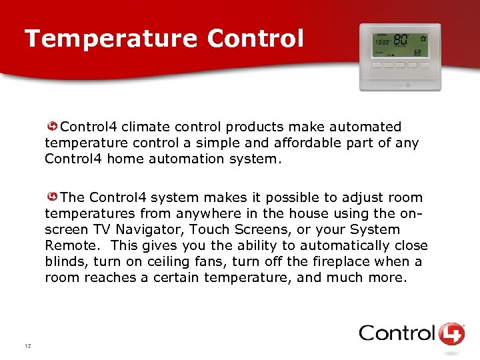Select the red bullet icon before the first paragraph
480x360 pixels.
tap(52, 127)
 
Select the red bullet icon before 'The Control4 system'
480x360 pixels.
tap(52, 197)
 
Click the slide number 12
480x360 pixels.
tap(27, 346)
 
